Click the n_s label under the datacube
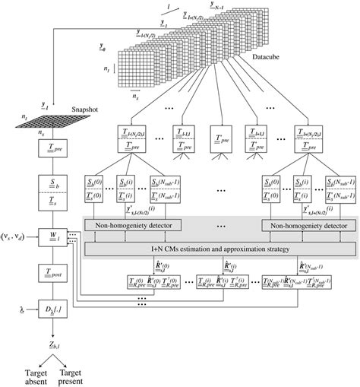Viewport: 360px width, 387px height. pyautogui.click(x=135, y=99)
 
